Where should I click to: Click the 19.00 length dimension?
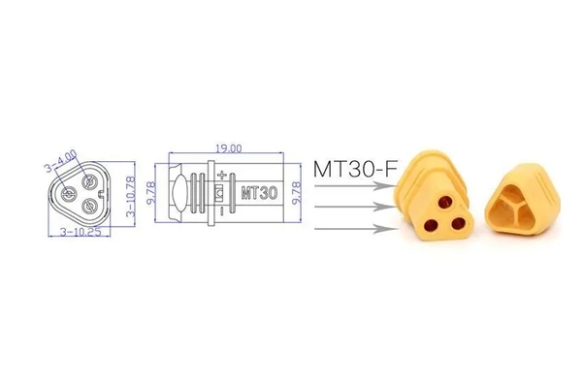229,148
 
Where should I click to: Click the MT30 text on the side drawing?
257,192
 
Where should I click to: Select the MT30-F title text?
354,168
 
